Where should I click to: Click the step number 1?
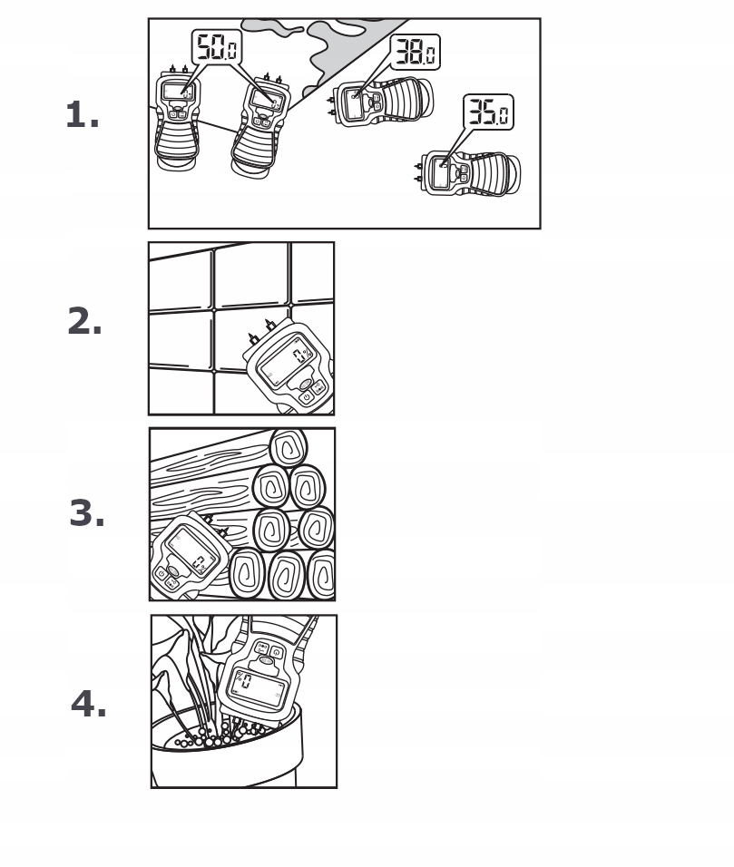point(83,116)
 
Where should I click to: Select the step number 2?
point(84,323)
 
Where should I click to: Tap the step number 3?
point(87,514)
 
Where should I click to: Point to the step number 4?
point(89,704)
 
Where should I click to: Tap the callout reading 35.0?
point(488,112)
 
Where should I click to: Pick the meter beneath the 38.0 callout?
point(381,100)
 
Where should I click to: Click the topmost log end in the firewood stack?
point(289,448)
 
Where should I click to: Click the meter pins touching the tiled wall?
point(261,330)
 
